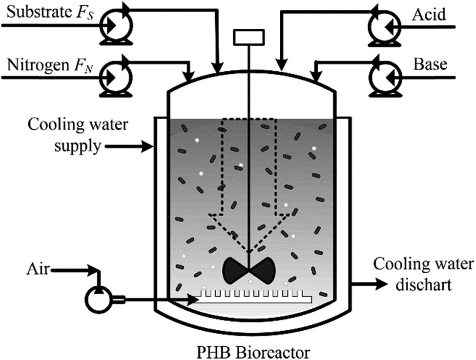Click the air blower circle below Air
98,300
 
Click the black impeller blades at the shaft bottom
249,270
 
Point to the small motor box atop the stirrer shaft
249,38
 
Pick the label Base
430,64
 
